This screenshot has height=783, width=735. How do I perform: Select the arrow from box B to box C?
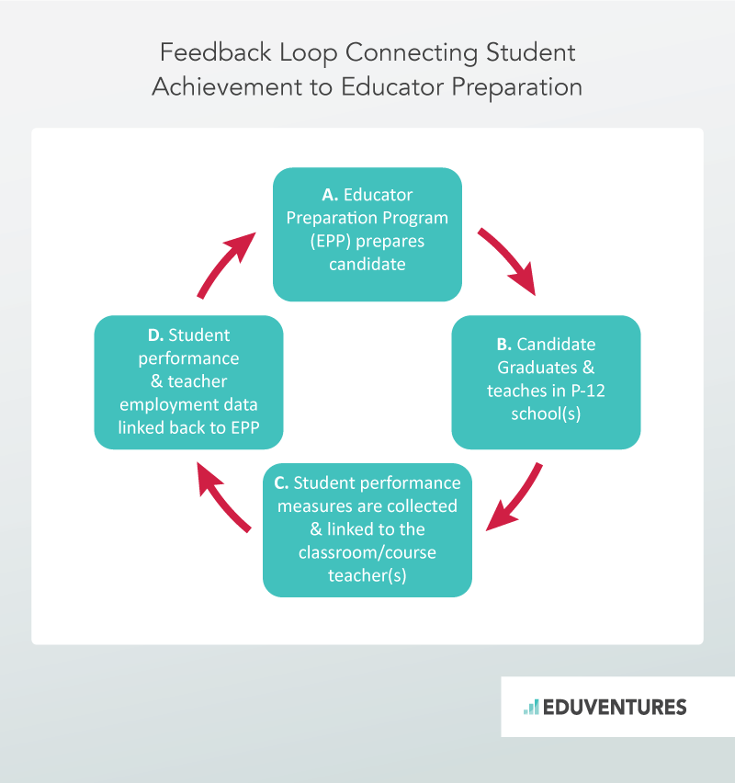click(x=514, y=499)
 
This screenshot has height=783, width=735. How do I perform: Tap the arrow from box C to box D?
click(x=223, y=497)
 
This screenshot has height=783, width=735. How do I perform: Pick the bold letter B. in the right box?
click(x=503, y=345)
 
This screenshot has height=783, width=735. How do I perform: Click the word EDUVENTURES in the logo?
click(x=614, y=707)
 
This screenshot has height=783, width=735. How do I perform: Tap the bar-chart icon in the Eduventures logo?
click(x=531, y=707)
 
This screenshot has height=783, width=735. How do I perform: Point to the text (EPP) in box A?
click(x=308, y=242)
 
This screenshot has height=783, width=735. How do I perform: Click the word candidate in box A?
click(x=367, y=265)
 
